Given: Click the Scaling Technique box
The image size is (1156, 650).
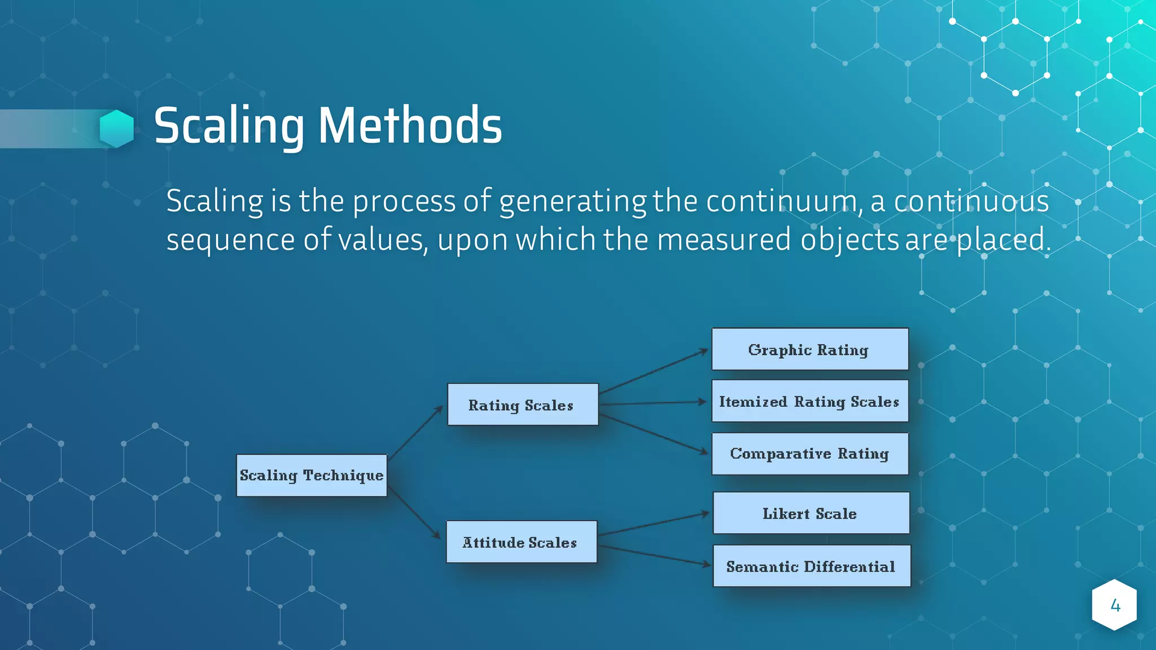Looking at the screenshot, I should click(312, 476).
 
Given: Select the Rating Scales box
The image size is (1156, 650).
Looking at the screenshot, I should click(523, 405).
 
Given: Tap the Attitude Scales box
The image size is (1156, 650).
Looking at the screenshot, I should click(521, 542).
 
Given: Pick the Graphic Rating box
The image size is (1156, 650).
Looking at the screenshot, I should click(810, 349).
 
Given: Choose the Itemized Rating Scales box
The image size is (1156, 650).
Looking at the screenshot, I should click(810, 401).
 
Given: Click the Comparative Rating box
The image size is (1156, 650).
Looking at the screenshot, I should click(810, 454).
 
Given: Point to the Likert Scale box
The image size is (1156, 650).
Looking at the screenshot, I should click(811, 513).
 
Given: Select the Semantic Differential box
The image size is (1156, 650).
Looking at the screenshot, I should click(812, 566).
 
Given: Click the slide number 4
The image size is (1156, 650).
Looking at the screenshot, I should click(1115, 605).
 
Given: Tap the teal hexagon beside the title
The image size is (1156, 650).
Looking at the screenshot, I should click(117, 129).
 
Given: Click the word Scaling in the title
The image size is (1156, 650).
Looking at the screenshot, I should click(229, 126).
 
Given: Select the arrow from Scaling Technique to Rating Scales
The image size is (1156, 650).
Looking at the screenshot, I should click(415, 432).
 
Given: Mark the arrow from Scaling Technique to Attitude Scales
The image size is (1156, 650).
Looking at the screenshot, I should click(414, 513).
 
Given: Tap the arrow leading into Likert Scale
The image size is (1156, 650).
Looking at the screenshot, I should click(654, 524).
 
